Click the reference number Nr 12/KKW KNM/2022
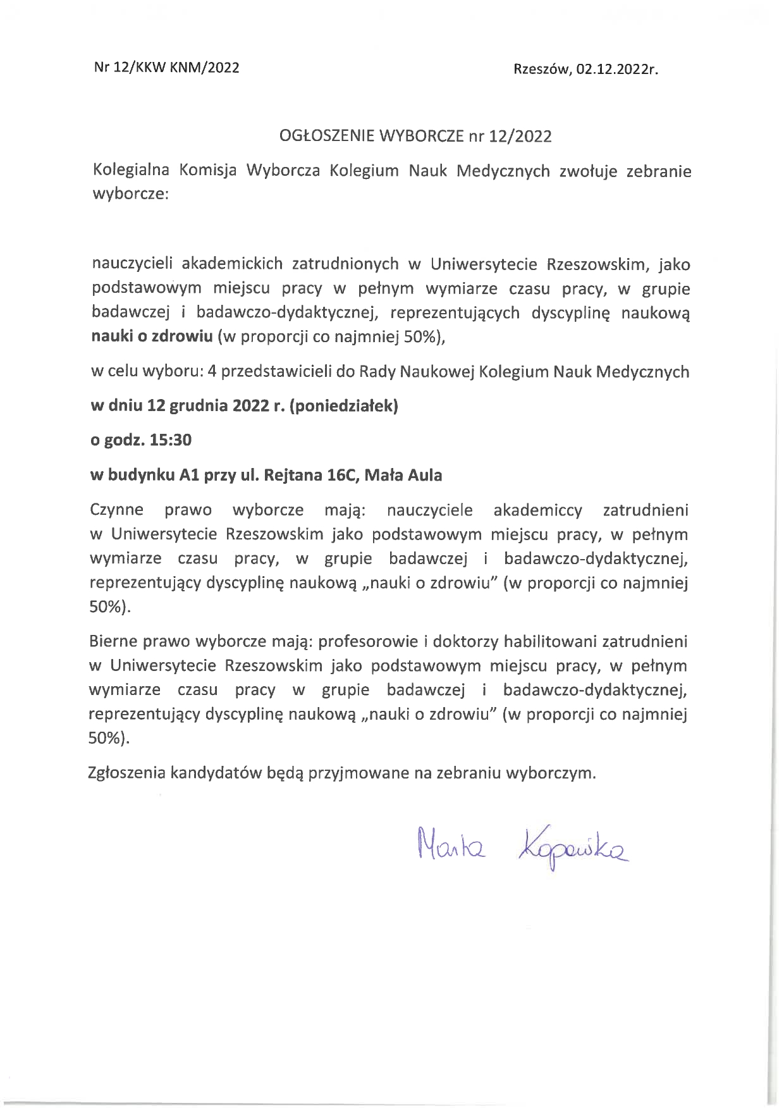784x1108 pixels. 166,68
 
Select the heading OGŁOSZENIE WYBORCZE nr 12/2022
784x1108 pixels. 415,136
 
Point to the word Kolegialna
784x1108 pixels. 130,171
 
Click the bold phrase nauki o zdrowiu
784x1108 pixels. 152,336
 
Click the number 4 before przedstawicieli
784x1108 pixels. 212,371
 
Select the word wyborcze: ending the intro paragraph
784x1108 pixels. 130,195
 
